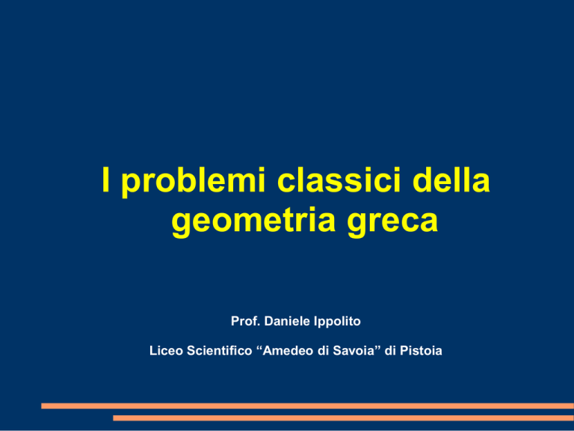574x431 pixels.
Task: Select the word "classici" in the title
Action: tap(339, 180)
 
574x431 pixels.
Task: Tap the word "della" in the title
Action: tap(451, 180)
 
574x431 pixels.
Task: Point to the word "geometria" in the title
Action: tap(253, 222)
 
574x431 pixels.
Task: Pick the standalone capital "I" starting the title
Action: tap(106, 180)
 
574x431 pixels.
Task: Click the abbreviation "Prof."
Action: tap(246, 321)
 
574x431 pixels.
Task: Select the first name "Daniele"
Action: tap(287, 321)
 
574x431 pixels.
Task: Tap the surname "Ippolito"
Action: tap(338, 322)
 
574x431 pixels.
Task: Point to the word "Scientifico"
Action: tap(220, 351)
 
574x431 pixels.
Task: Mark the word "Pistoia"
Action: tap(421, 351)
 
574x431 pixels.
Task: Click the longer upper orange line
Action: tap(307, 406)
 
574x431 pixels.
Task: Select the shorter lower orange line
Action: tap(343, 418)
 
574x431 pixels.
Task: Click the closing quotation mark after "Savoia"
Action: tap(379, 348)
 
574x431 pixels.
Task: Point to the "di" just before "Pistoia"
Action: tap(391, 351)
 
